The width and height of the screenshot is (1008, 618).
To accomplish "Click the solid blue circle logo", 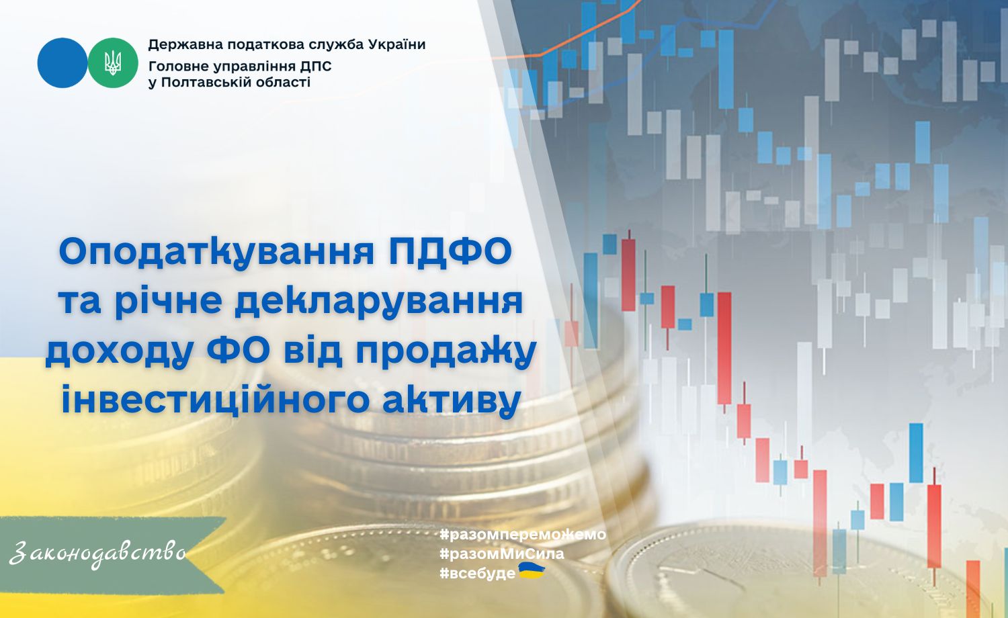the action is click(62, 62).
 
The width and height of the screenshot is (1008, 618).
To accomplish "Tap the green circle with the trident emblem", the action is click(112, 62).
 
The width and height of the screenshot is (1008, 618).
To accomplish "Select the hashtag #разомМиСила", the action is click(502, 554).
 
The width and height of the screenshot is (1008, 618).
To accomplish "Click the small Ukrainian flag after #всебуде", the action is click(532, 571).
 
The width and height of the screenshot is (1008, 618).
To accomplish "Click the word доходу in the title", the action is click(118, 352).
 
